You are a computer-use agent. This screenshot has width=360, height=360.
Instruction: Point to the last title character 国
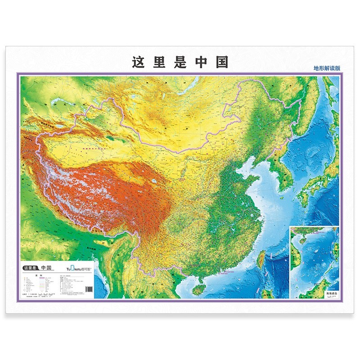[x=222, y=62]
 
